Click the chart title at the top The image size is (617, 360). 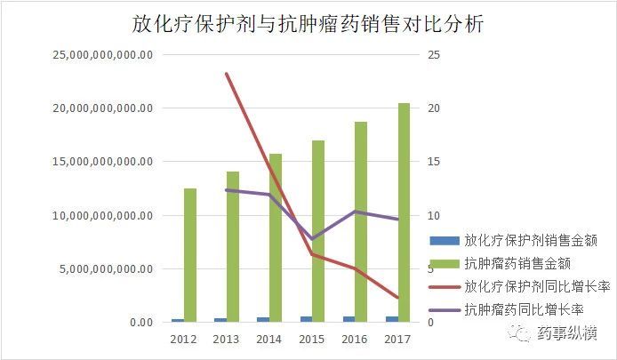[308, 25]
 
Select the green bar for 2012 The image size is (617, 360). [190, 255]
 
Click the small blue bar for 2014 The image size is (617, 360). [263, 319]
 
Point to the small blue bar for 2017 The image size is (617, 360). [392, 318]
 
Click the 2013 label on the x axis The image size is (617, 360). [227, 340]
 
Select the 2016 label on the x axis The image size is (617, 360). [356, 340]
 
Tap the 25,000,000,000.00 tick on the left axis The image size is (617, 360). [104, 55]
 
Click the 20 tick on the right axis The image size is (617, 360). [434, 108]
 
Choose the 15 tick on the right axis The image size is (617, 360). [434, 162]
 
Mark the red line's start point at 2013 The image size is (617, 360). [227, 74]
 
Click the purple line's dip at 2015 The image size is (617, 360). [312, 239]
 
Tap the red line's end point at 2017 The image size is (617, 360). [398, 298]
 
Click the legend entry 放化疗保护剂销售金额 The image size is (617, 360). [530, 240]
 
